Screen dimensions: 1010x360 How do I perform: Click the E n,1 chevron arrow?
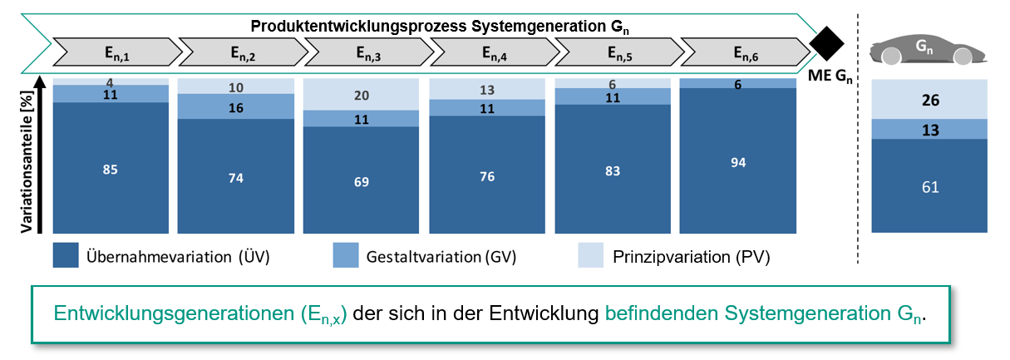tap(118, 52)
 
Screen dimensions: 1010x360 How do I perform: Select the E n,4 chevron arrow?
tap(495, 52)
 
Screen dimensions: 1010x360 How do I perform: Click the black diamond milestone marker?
tap(826, 44)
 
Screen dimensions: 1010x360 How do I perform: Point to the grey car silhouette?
tap(928, 50)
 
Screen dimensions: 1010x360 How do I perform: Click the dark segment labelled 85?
tap(111, 168)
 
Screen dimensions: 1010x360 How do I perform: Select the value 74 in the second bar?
tap(236, 178)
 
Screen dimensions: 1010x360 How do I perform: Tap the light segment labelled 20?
tap(361, 94)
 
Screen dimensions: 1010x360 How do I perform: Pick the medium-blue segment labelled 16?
tap(236, 106)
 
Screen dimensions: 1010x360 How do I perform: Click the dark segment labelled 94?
tap(738, 160)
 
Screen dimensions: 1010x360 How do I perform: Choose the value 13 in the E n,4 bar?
tap(487, 91)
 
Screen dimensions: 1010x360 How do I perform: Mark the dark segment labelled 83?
tap(613, 169)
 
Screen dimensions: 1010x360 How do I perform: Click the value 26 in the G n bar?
tap(930, 100)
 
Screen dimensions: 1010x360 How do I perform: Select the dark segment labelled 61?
tap(929, 186)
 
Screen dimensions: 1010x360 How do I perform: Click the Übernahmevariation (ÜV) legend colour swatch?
tap(66, 255)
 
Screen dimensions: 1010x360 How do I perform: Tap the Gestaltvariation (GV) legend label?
tap(441, 257)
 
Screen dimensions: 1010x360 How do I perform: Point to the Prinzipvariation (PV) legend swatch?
tap(591, 255)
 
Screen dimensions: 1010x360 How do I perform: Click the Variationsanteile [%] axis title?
tap(27, 162)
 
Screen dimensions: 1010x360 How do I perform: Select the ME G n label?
tap(830, 76)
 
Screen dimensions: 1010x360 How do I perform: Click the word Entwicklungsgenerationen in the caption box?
tap(174, 313)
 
